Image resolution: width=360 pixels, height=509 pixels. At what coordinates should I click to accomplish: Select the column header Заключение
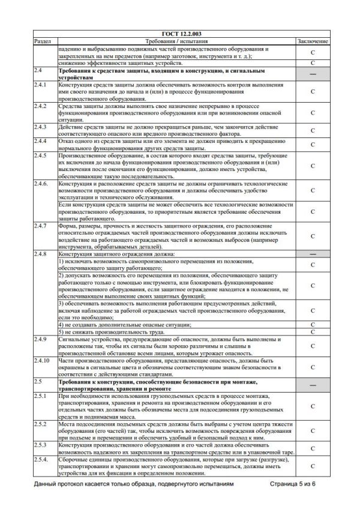pos(313,41)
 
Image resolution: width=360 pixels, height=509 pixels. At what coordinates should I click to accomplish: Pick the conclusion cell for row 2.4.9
pos(313,346)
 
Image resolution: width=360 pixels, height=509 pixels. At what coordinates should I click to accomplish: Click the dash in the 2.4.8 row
pos(313,254)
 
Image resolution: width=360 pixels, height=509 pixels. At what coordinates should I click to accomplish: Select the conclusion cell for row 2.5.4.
pos(313,465)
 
